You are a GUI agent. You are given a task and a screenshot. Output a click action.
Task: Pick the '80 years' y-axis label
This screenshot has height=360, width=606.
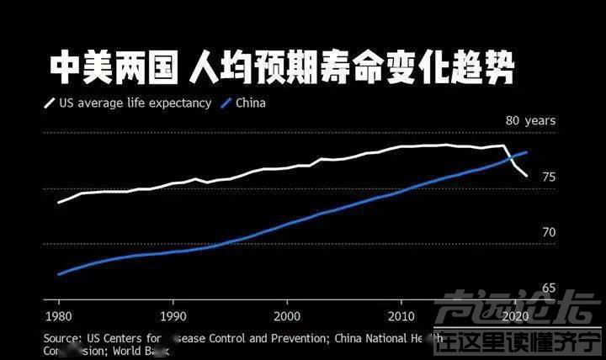(x=530, y=121)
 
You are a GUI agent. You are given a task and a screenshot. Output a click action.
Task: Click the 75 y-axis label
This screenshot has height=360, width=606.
(x=549, y=177)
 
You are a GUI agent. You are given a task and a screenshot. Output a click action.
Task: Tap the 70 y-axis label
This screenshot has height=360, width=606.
(x=549, y=232)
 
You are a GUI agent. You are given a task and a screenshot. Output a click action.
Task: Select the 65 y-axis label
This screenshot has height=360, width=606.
(x=549, y=288)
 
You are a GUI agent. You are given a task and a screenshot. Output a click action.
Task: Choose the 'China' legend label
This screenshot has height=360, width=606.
(x=251, y=104)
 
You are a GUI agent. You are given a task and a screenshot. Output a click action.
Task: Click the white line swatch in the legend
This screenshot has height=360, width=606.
(x=49, y=104)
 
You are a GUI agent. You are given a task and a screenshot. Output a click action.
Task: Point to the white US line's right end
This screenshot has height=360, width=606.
(x=527, y=176)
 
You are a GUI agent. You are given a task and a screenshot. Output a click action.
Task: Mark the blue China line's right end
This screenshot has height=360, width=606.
(x=527, y=152)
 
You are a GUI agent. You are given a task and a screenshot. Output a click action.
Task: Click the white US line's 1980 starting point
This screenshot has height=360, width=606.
(x=58, y=203)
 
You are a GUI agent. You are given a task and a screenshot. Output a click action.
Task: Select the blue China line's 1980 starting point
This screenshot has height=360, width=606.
(x=58, y=274)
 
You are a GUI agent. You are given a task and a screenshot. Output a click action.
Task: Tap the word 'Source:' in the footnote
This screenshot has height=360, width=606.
(x=63, y=339)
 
